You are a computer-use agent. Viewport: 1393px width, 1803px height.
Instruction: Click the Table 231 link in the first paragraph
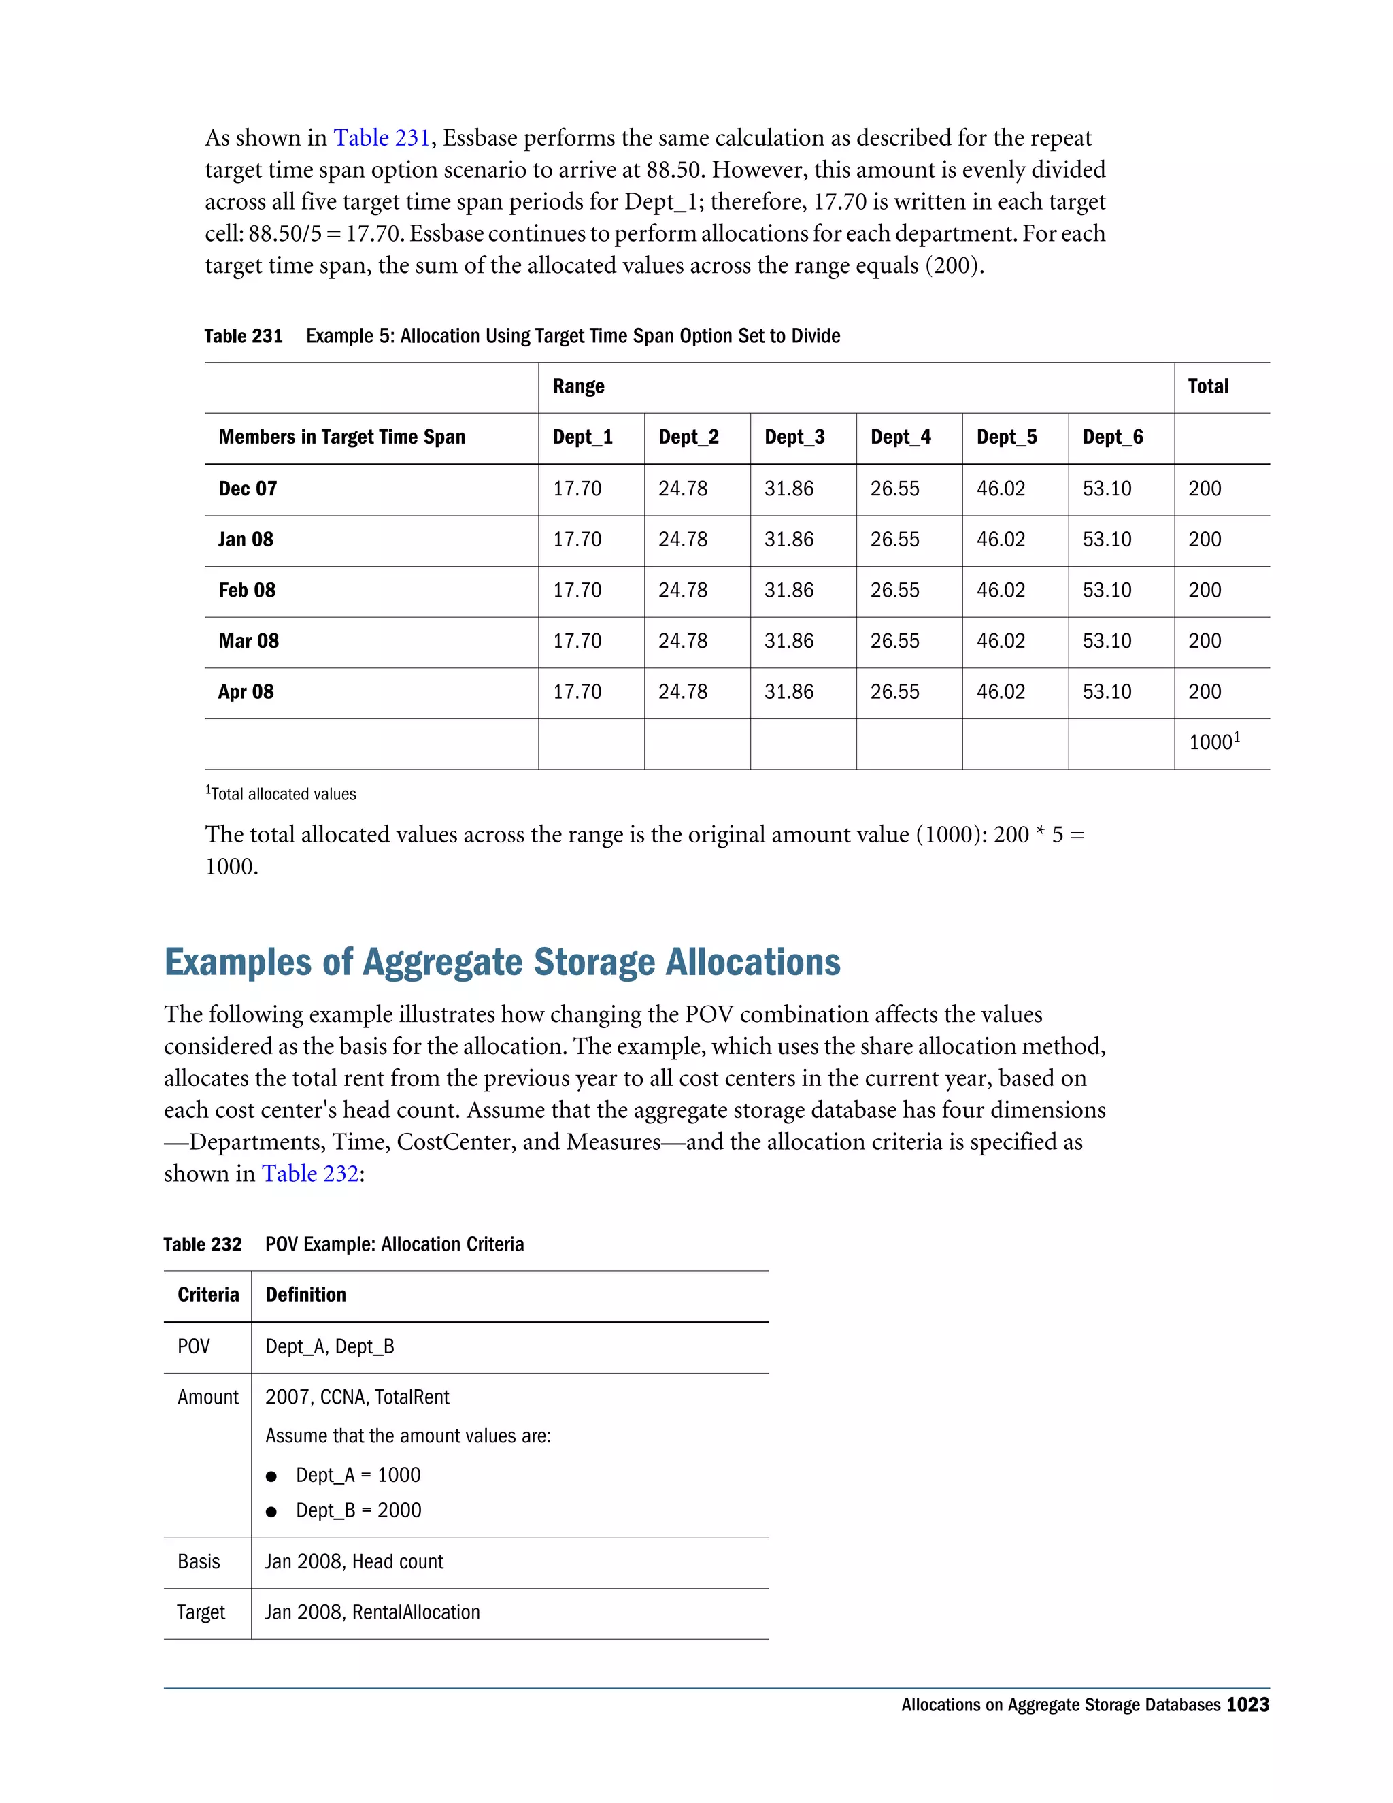click(x=382, y=138)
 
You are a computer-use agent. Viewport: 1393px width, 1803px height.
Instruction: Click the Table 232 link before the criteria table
click(x=310, y=1173)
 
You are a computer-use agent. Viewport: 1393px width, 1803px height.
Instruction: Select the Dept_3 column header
click(x=794, y=437)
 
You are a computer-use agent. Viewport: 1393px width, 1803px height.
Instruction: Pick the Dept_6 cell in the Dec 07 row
click(x=1107, y=489)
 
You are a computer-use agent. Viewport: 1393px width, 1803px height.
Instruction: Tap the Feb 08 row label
click(x=247, y=591)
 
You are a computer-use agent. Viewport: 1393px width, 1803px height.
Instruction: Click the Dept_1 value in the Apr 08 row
click(x=577, y=692)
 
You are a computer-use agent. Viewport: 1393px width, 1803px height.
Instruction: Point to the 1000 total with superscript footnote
click(x=1213, y=742)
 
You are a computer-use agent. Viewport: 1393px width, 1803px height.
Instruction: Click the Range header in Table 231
click(x=579, y=386)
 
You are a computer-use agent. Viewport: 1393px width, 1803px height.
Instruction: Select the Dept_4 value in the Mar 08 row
click(x=894, y=642)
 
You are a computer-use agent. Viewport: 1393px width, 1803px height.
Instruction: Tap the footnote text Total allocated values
click(x=282, y=794)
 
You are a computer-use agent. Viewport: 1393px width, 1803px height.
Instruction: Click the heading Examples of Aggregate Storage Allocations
click(x=502, y=963)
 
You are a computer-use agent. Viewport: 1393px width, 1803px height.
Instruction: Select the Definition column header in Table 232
click(x=305, y=1295)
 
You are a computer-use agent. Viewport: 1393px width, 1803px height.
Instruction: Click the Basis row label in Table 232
click(x=199, y=1561)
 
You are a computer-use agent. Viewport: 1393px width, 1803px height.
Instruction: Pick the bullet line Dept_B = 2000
click(x=358, y=1510)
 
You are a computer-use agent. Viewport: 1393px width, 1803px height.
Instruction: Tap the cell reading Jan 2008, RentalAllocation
click(x=372, y=1612)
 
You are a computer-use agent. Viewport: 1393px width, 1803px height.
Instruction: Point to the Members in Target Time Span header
click(x=341, y=437)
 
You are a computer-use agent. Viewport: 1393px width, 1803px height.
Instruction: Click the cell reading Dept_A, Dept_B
click(x=329, y=1346)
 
